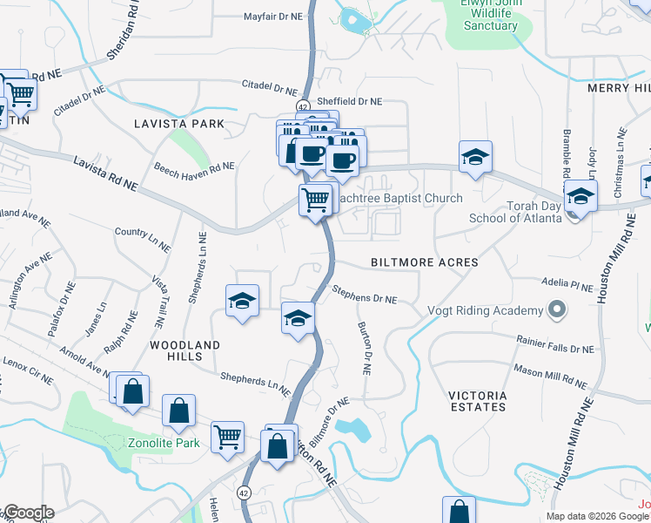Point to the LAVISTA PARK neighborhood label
click(179, 124)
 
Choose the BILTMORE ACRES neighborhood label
click(425, 261)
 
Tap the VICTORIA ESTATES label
click(478, 401)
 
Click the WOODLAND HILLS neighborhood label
click(185, 352)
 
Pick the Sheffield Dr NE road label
click(349, 101)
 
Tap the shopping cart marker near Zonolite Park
click(228, 435)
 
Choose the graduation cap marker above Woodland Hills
click(243, 301)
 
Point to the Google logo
click(28, 513)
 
